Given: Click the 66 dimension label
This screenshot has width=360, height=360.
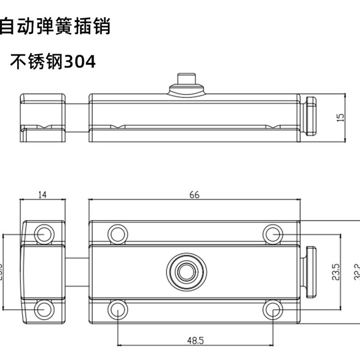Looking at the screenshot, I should pos(194,195).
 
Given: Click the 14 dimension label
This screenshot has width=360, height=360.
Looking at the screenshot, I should pos(43,195).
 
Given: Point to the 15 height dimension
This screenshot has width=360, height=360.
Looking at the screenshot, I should pos(341,117).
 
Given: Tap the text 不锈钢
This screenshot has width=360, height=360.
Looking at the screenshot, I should pos(37,62).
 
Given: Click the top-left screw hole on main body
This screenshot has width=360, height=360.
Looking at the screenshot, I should pos(117,234).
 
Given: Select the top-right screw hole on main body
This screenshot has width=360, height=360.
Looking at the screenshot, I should pos(272,234).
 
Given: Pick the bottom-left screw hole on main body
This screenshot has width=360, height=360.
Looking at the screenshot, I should pos(117,310).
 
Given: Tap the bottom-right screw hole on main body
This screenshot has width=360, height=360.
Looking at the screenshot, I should pos(272,310).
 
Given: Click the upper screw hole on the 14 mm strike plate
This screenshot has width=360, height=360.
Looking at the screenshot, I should pos(44,234).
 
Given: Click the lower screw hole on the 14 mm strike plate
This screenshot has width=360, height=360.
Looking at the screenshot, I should pos(44,310).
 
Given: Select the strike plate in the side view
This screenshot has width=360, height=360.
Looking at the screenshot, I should pos(43,117).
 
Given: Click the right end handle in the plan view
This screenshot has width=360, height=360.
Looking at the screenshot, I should pos(310,272).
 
